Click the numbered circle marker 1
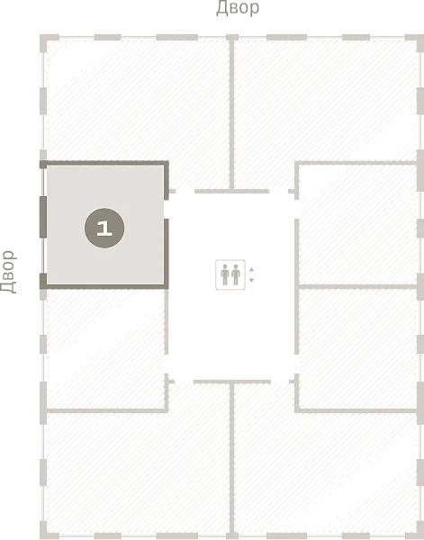coord(104,228)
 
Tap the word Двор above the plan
coord(238,8)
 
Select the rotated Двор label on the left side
coord(8,272)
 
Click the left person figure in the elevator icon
coord(225,274)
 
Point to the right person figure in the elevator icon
coord(236,274)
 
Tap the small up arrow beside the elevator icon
coord(251,269)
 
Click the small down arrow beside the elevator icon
coord(251,280)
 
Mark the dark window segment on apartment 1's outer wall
coord(43,217)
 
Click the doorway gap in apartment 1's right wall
coord(166,210)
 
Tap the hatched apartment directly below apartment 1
coord(105,348)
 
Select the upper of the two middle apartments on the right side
coord(358,224)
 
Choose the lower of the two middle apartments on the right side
coord(358,348)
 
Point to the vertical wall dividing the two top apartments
coord(232,113)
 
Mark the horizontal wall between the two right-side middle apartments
coord(358,286)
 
